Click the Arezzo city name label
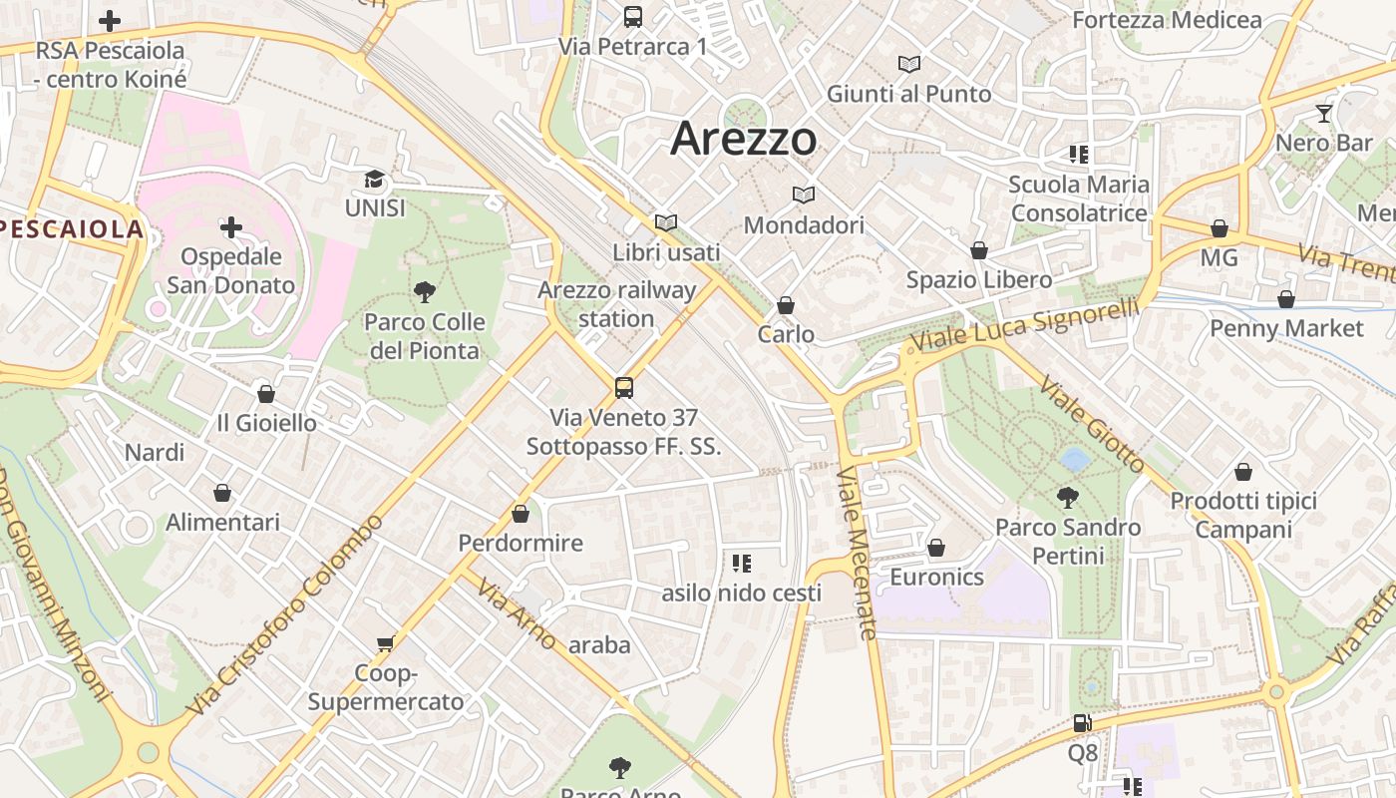(x=744, y=138)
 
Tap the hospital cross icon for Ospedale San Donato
(x=231, y=227)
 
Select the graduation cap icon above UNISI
(x=374, y=180)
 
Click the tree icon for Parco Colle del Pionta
(x=425, y=292)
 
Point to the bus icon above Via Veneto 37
(x=624, y=388)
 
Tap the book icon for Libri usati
(x=666, y=223)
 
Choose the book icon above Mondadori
(x=804, y=196)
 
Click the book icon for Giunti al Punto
(x=908, y=65)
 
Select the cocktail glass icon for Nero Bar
(x=1324, y=114)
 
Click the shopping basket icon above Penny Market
(x=1286, y=299)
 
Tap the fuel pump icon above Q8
(x=1082, y=723)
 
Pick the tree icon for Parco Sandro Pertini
(x=1068, y=497)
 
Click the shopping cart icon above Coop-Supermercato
(x=386, y=643)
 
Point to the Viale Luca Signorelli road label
(x=1023, y=328)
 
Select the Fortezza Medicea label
(x=1167, y=20)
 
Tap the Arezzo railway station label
(x=616, y=304)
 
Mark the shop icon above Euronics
(x=936, y=548)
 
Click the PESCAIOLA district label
(x=72, y=229)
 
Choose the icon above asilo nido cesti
(x=741, y=564)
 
